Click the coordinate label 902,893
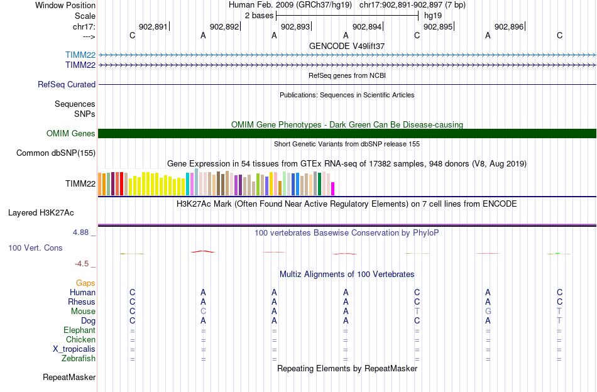(x=295, y=27)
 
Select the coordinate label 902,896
(x=509, y=27)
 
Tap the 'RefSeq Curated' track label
(x=67, y=84)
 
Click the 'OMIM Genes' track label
(x=71, y=133)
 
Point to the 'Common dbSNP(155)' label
(x=56, y=153)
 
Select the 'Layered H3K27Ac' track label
(x=52, y=212)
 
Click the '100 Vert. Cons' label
(x=35, y=248)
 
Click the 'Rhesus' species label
(x=82, y=302)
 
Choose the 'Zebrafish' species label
(x=79, y=359)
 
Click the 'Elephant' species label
(x=79, y=330)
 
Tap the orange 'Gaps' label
(x=85, y=283)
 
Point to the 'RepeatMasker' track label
(x=69, y=378)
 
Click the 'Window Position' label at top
(x=65, y=5)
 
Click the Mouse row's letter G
(x=488, y=312)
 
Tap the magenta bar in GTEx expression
(x=333, y=188)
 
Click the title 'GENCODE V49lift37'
(x=347, y=46)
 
